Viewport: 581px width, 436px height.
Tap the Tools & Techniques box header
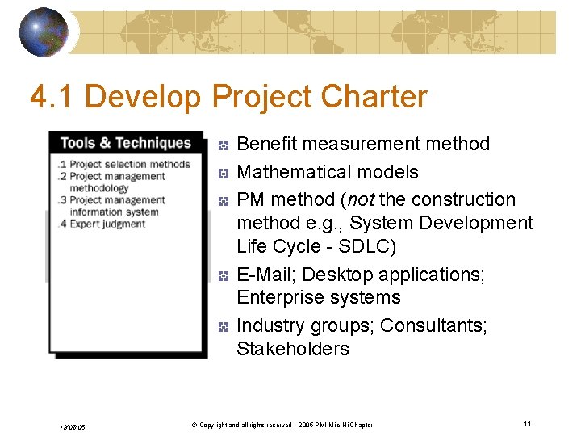point(125,143)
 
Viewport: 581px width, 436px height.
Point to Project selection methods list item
point(125,165)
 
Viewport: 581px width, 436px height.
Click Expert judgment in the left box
point(107,224)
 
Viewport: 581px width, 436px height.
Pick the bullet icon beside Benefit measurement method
point(224,145)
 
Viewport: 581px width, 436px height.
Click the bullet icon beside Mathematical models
point(224,173)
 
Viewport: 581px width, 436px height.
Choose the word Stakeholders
point(292,349)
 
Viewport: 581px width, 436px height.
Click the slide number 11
point(526,423)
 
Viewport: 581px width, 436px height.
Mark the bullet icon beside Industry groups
point(224,327)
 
